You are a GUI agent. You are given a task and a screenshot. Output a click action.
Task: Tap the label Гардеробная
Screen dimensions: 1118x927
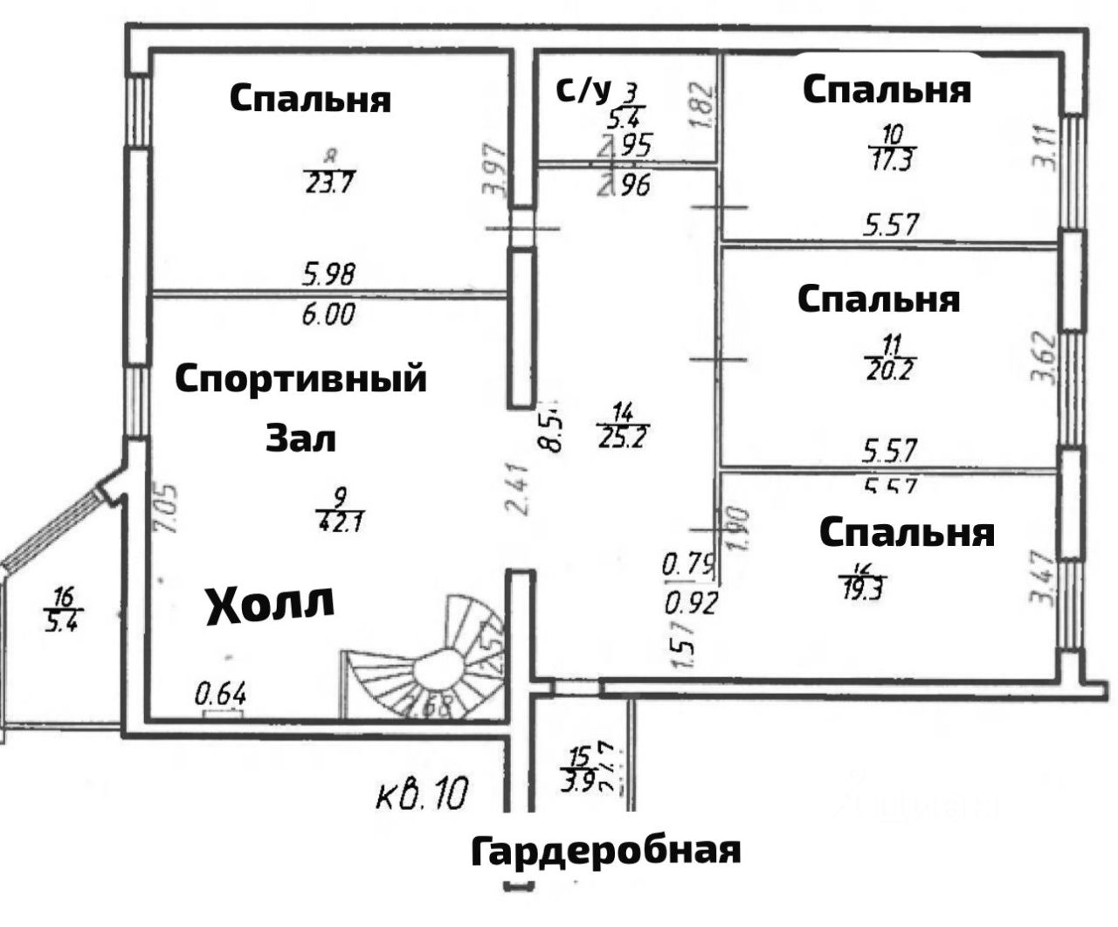[x=605, y=849]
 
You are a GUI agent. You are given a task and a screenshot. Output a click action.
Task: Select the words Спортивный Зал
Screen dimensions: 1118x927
[x=301, y=407]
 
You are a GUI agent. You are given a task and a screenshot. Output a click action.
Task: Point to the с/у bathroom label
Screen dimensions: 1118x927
[x=583, y=89]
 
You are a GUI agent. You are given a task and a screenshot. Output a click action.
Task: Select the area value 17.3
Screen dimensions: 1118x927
[x=892, y=160]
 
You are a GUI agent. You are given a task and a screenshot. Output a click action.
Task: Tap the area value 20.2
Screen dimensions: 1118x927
[x=889, y=369]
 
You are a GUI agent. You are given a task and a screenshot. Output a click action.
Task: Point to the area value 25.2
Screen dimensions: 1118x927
[x=623, y=434]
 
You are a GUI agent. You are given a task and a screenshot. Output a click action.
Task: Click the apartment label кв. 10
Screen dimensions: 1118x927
[x=423, y=794]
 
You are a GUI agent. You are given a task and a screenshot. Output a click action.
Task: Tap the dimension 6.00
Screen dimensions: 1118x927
[x=328, y=313]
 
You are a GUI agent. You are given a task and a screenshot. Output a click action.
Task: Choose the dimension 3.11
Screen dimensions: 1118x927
[x=1045, y=148]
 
